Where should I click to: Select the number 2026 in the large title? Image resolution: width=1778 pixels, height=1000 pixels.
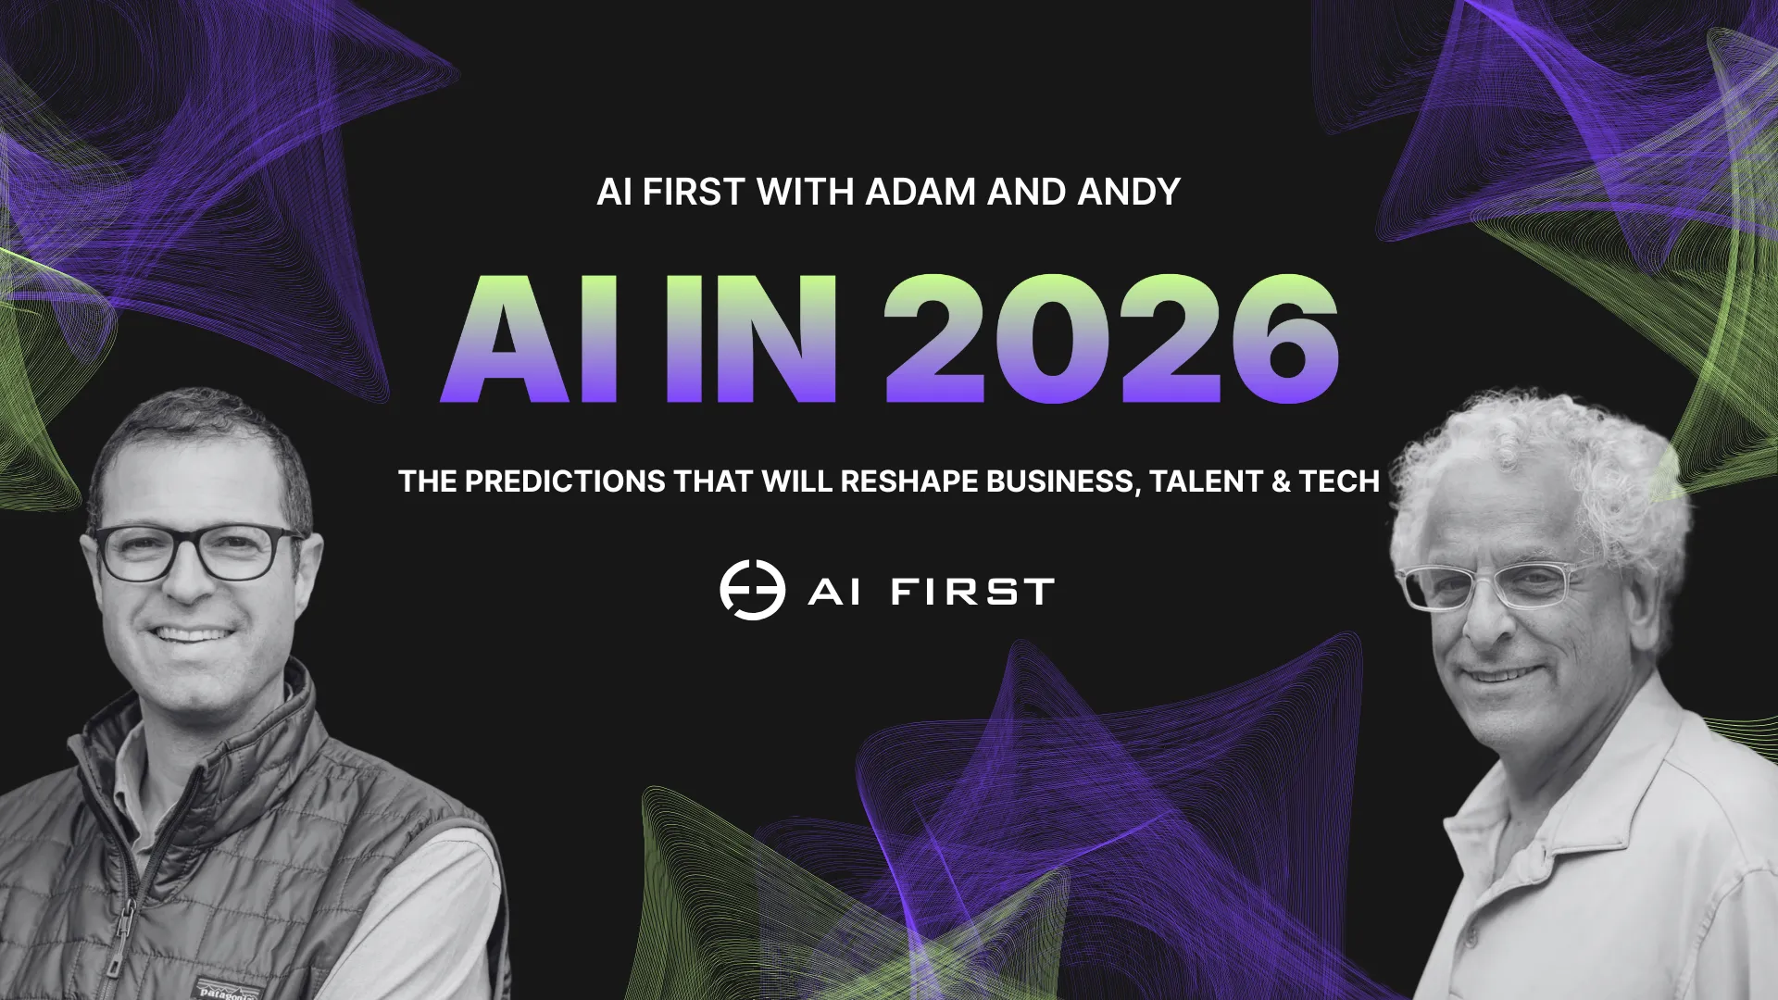1110,339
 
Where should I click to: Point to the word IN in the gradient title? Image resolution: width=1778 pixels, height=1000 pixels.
750,339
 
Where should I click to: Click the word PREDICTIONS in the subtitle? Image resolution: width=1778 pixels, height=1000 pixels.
565,481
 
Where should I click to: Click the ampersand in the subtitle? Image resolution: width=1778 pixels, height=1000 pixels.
1281,481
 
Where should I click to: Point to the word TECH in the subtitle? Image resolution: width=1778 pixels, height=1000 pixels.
1339,481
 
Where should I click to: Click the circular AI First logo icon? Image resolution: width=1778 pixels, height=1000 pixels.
752,590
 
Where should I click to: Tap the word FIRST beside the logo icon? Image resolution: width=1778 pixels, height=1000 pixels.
972,592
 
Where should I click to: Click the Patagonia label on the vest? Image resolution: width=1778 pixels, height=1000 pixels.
227,989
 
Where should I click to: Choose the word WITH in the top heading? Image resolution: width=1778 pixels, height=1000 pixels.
805,193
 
